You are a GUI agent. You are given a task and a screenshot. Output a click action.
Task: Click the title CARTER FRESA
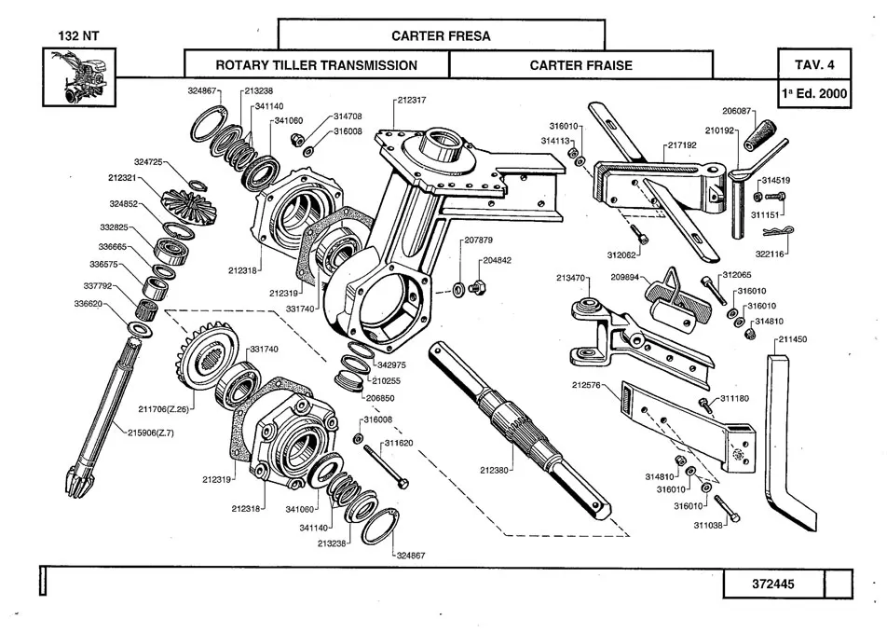click(x=441, y=36)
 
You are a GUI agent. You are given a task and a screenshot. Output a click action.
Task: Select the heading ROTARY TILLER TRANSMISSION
click(x=317, y=65)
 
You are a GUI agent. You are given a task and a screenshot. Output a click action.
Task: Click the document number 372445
click(x=773, y=584)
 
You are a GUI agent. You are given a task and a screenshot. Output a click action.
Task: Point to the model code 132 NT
click(x=78, y=36)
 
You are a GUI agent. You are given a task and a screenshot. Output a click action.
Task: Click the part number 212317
click(x=411, y=99)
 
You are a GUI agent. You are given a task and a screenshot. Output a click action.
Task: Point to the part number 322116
click(x=771, y=254)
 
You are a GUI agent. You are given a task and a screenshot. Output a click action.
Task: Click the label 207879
click(x=478, y=240)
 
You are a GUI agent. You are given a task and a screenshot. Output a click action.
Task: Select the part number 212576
click(x=589, y=385)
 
